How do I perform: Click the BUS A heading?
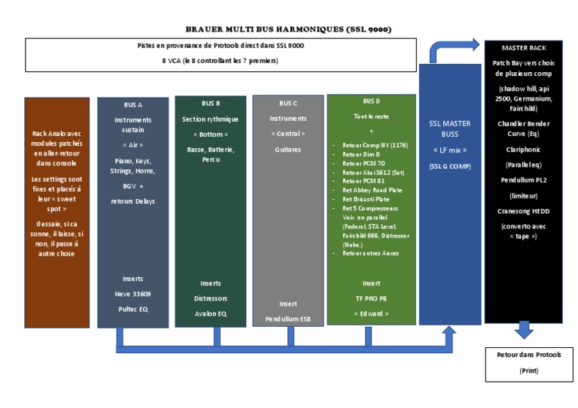[x=132, y=105]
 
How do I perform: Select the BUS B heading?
[x=211, y=103]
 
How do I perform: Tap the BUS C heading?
[x=288, y=103]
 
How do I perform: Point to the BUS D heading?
[x=371, y=101]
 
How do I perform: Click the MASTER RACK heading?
[x=524, y=47]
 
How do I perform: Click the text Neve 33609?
[x=132, y=294]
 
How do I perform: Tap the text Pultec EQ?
[x=132, y=310]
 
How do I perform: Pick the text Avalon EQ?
[x=211, y=313]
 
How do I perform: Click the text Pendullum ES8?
[x=288, y=319]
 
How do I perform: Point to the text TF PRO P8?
[x=371, y=298]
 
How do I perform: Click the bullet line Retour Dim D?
[x=363, y=153]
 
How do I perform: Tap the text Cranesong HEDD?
[x=524, y=211]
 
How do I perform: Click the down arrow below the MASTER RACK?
[x=524, y=330]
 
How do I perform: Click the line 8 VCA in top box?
[x=220, y=60]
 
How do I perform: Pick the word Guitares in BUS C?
[x=288, y=150]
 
